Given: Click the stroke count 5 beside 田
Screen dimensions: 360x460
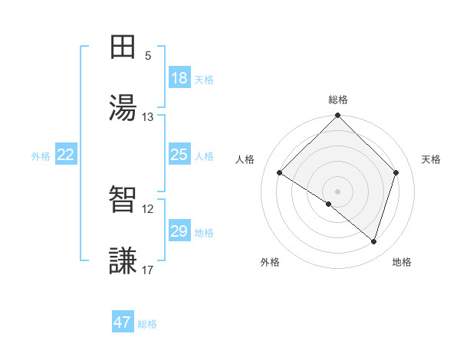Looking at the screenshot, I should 148,56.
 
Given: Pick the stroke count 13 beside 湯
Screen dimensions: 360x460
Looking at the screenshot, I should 148,117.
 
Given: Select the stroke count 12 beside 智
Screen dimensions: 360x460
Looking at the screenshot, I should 148,209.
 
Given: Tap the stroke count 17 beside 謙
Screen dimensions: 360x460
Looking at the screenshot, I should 148,270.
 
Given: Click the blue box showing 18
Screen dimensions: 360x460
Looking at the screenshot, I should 179,78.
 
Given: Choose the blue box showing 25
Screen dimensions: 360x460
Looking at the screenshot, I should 179,155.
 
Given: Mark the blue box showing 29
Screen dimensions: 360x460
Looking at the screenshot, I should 179,231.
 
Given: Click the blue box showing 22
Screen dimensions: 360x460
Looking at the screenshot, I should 66,155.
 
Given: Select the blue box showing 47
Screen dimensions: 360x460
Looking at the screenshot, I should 123,322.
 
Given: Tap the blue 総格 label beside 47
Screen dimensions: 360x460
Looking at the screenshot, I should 147,324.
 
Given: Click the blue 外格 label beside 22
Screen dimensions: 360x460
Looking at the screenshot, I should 41,156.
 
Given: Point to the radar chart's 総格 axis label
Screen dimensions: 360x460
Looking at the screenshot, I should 338,100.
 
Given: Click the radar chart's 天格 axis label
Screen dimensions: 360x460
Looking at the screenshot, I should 432,159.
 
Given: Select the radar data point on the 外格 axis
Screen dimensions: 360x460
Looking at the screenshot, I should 329,204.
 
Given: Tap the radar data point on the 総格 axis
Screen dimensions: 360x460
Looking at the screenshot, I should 338,116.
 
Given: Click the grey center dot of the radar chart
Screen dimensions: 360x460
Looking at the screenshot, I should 338,191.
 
